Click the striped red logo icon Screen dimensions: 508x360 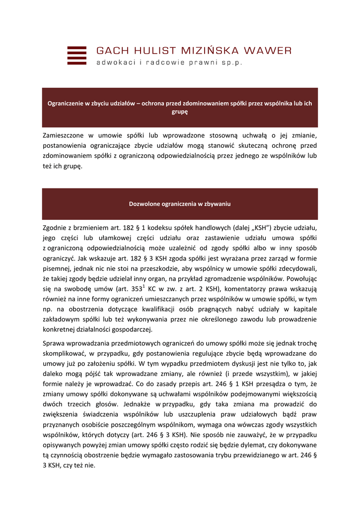coord(76,56)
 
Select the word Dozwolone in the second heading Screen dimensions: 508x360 coord(144,204)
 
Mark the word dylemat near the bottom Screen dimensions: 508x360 coord(259,445)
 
